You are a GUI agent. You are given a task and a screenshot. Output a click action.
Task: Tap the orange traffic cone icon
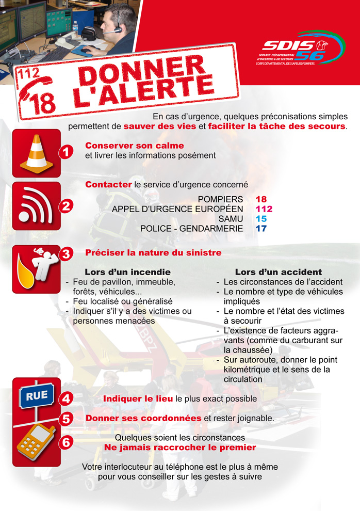pos(37,153)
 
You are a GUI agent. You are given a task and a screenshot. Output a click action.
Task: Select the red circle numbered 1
pos(66,152)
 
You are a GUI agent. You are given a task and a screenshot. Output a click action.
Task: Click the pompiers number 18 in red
pos(261,199)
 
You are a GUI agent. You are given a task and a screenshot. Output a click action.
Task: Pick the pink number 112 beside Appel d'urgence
pos(264,209)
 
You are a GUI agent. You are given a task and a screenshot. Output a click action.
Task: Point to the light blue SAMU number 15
pos(261,219)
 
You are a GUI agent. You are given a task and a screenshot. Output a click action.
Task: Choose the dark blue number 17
pos(261,229)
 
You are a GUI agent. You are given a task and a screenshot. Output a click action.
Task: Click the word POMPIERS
pos(220,199)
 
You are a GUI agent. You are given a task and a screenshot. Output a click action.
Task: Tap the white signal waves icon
pos(36,205)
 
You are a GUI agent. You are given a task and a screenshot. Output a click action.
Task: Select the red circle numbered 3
pos(66,253)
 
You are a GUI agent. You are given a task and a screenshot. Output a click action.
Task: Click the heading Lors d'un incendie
pos(127,272)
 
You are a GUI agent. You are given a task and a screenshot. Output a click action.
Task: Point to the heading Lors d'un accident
pos(279,272)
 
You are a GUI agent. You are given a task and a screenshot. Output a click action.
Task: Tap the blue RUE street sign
pos(37,395)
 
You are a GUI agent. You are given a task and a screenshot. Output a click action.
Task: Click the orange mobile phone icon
pos(36,442)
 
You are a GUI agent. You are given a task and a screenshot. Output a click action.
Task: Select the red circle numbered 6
pos(66,442)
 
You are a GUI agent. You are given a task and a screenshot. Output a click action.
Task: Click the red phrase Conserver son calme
pos(135,146)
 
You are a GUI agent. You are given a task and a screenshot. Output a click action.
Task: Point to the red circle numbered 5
pos(66,419)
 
